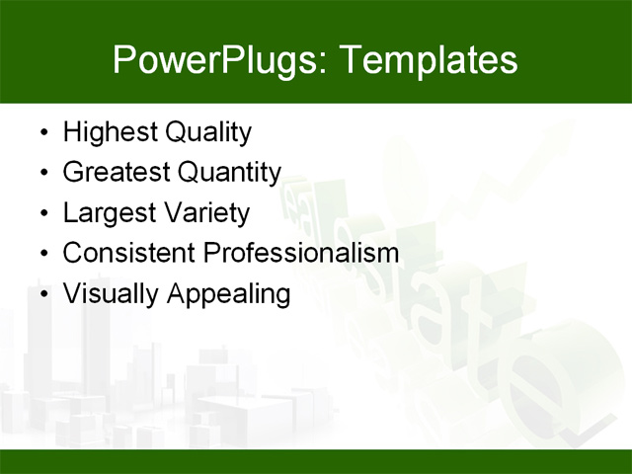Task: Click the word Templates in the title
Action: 428,60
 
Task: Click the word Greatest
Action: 116,173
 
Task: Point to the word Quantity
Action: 229,173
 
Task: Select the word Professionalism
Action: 301,253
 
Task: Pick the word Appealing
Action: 227,294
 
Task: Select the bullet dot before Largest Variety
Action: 42,214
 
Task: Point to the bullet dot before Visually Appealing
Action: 42,295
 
